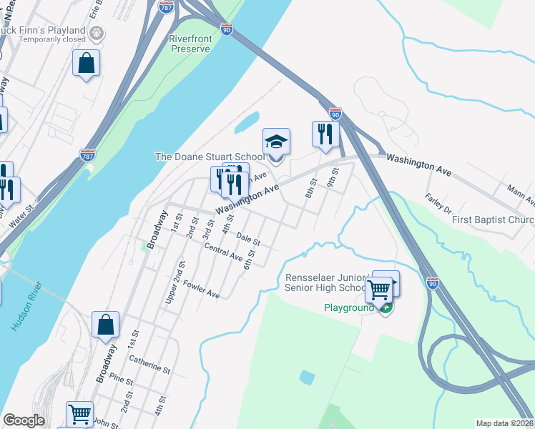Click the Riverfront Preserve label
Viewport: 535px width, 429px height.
coord(190,44)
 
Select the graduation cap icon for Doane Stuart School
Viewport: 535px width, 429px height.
coord(276,141)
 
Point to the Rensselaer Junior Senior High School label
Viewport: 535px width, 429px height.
coord(325,282)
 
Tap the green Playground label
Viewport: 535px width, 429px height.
coord(348,308)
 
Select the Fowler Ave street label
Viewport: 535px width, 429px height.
coord(201,290)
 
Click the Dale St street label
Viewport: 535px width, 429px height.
coord(247,238)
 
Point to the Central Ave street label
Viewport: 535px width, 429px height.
coord(223,252)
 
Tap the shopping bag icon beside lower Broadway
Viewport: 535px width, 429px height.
coord(105,325)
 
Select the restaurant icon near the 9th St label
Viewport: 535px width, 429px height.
coord(325,134)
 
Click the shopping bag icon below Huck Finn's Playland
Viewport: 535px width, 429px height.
coord(86,63)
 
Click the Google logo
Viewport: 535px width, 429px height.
coord(24,420)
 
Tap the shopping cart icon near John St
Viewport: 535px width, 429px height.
coord(79,414)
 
